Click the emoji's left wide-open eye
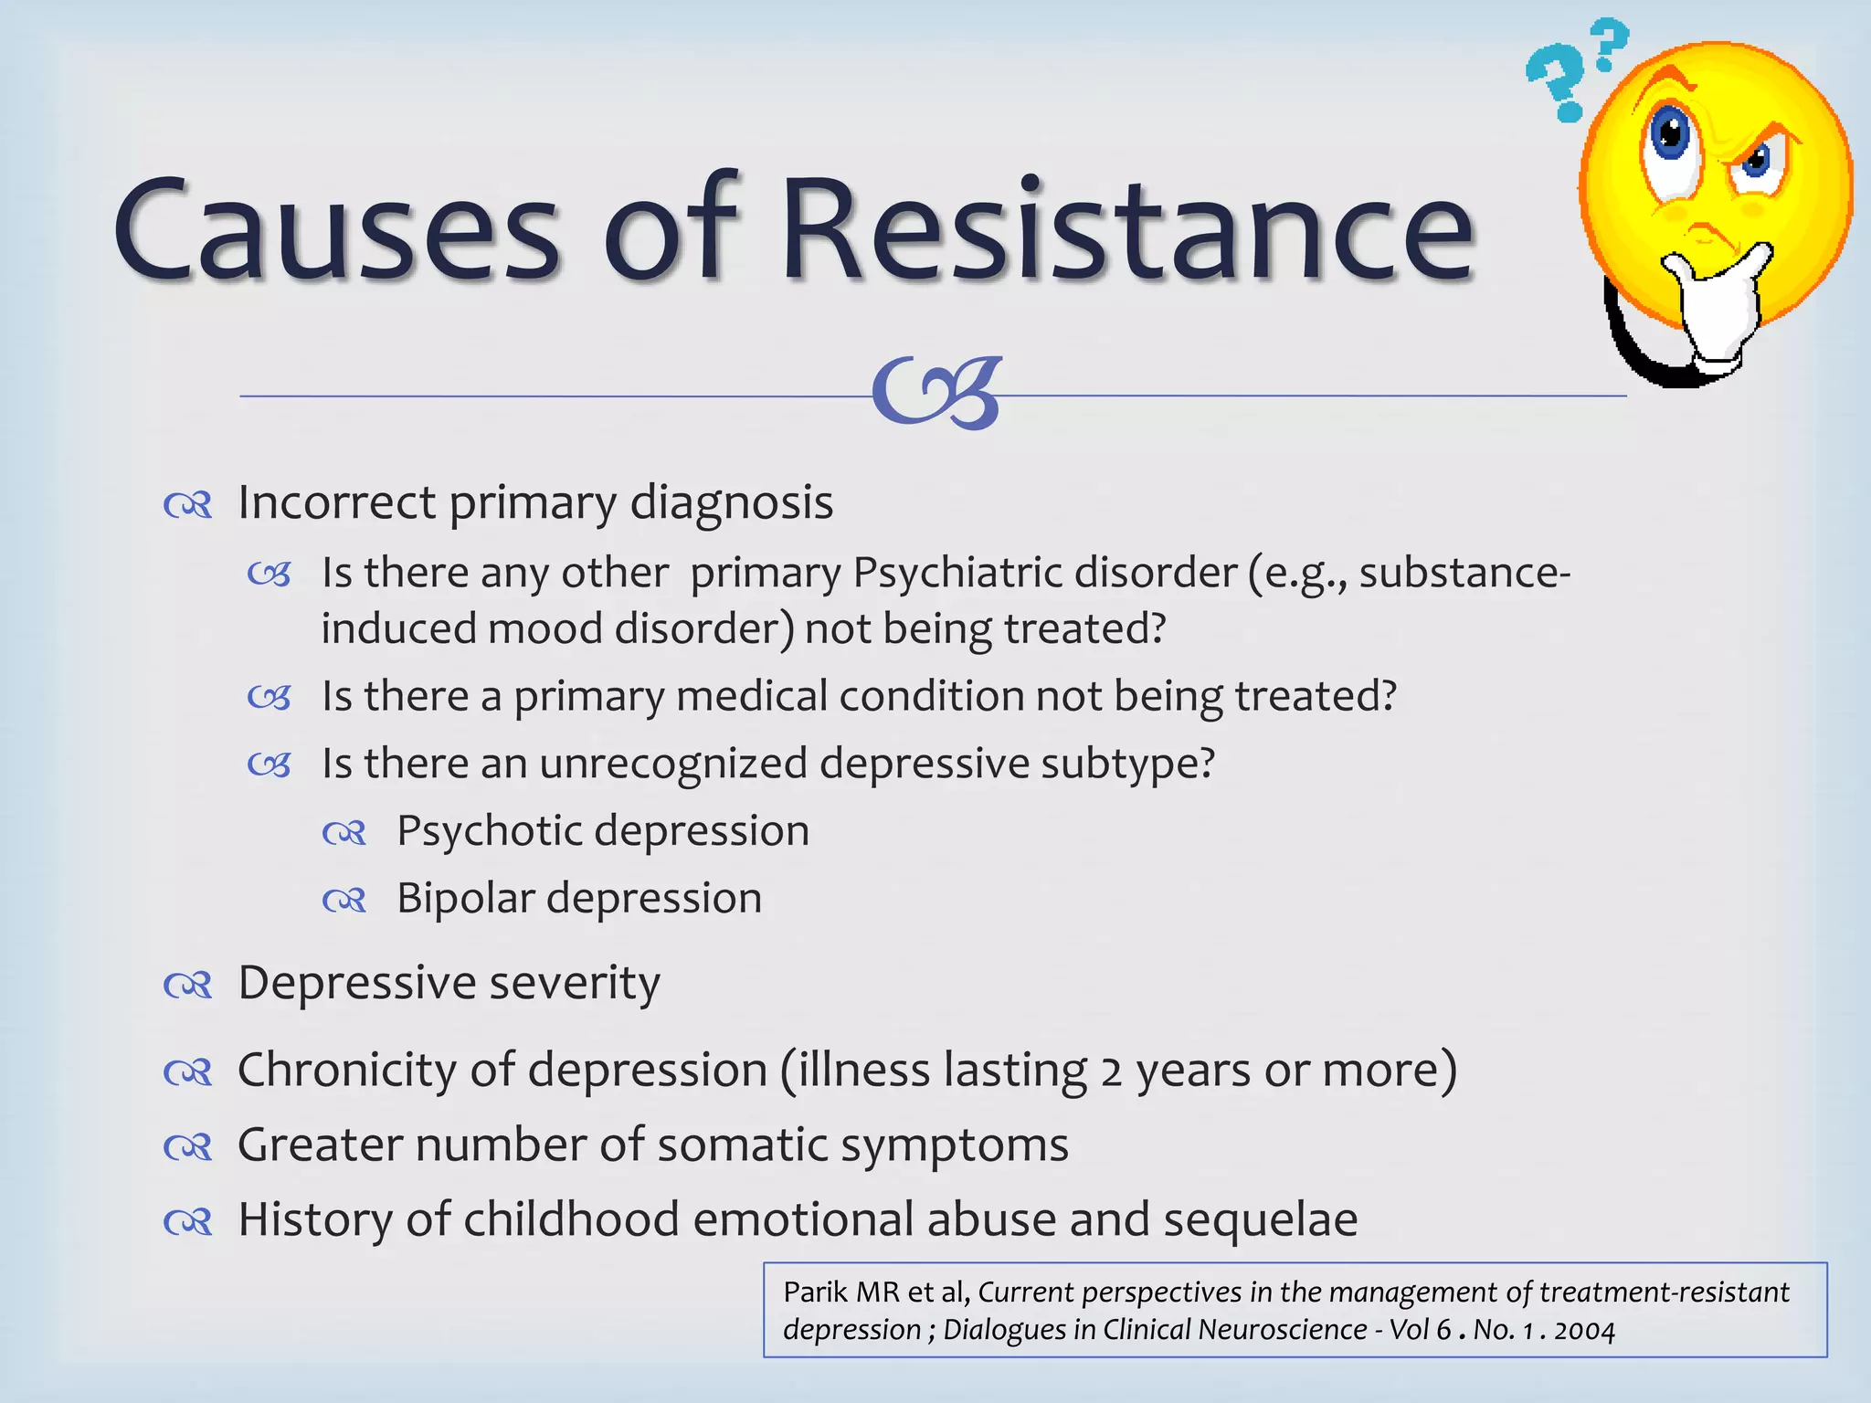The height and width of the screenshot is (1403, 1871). (x=1671, y=137)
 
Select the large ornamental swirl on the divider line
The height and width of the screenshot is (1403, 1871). (x=937, y=393)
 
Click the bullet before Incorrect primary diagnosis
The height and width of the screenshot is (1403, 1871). (x=188, y=504)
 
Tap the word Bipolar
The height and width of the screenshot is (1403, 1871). (x=465, y=899)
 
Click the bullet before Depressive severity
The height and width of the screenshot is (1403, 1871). (x=188, y=985)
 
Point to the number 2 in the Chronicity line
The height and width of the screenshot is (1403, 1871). (x=1110, y=1071)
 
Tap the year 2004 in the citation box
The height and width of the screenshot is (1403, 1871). (x=1584, y=1330)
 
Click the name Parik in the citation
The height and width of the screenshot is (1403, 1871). (x=815, y=1292)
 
